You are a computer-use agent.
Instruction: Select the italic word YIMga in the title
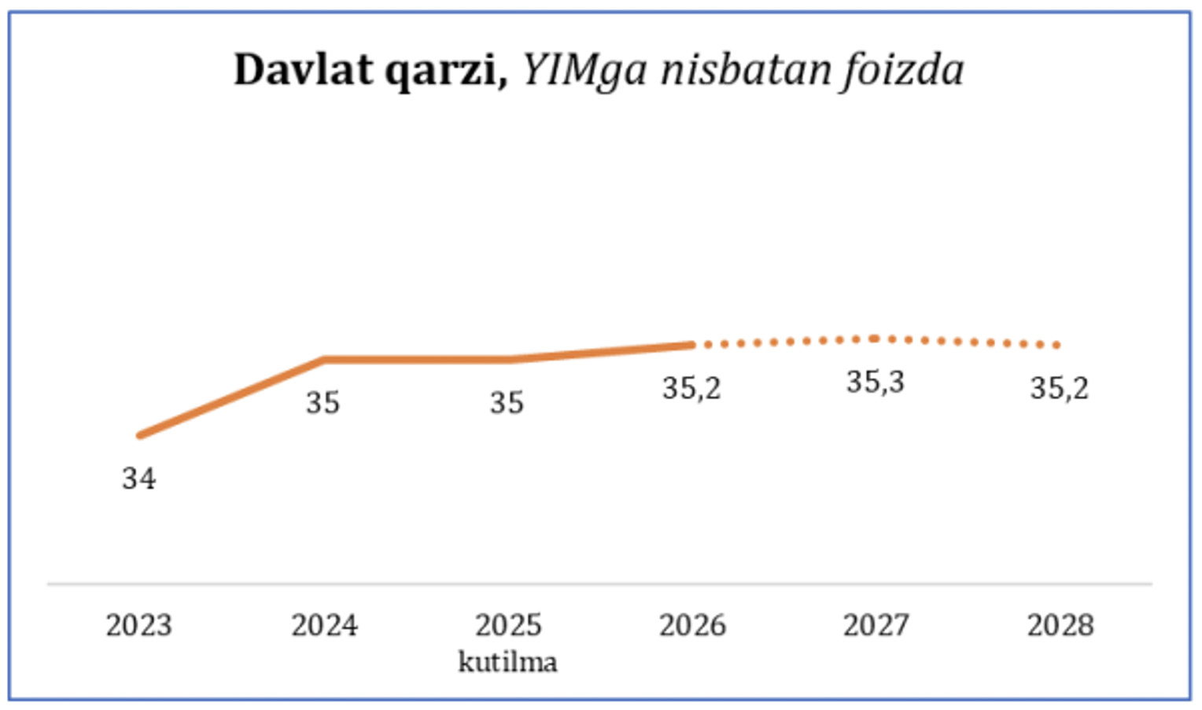click(x=584, y=71)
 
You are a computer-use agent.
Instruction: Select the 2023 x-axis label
click(x=138, y=625)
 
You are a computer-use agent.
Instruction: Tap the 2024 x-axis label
click(x=324, y=625)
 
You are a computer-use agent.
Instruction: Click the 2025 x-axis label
click(x=508, y=625)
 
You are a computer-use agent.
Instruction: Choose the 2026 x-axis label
click(x=692, y=625)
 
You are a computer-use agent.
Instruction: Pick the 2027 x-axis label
click(x=876, y=625)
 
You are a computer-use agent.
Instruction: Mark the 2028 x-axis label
click(x=1060, y=625)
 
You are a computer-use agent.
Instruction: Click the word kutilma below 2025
click(x=508, y=661)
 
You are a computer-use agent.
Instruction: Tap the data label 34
click(x=138, y=479)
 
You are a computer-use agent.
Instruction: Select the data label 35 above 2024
click(x=323, y=403)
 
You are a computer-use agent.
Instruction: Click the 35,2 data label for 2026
click(x=691, y=388)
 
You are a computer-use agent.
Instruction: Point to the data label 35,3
click(x=876, y=383)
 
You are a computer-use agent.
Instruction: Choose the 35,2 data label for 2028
click(x=1060, y=388)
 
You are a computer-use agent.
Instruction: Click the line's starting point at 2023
click(x=140, y=435)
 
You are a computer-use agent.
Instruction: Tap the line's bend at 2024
click(x=324, y=360)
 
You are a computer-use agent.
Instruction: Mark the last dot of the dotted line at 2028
click(x=1057, y=345)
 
